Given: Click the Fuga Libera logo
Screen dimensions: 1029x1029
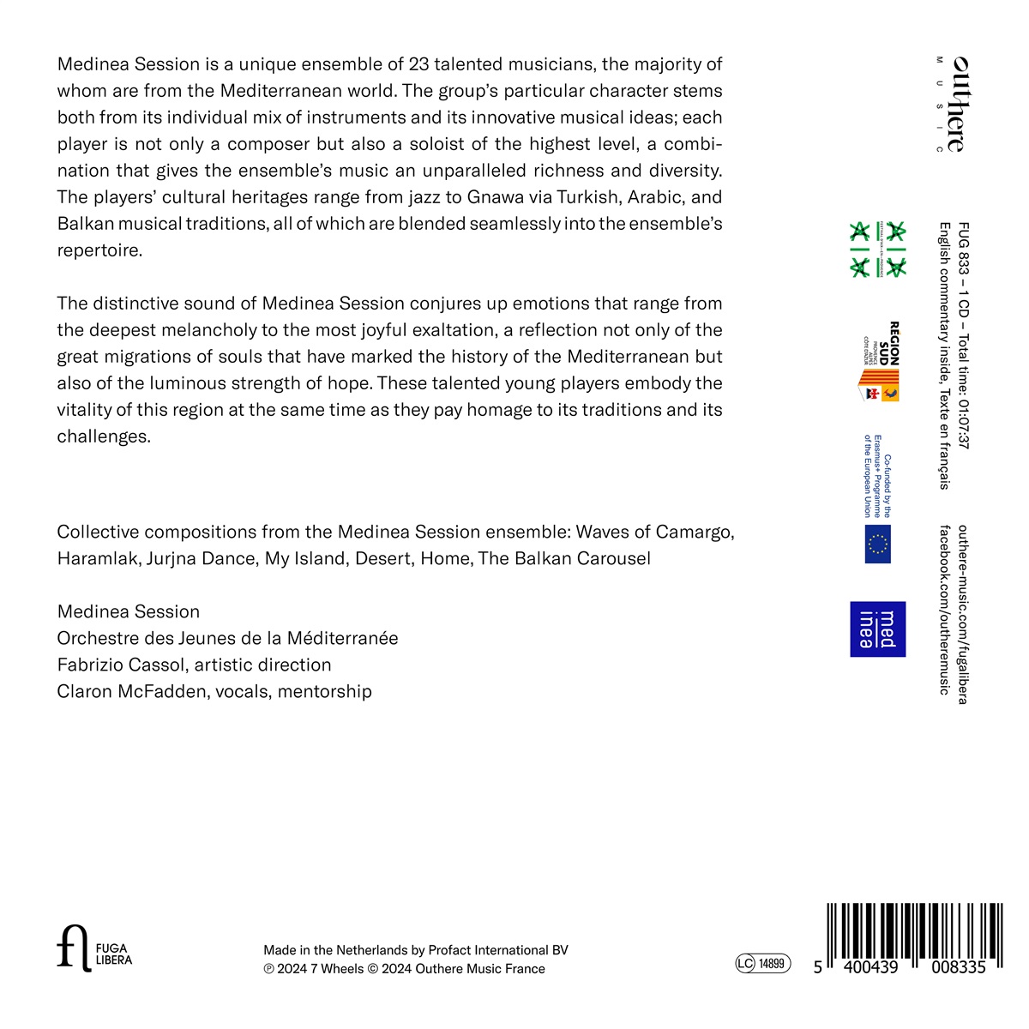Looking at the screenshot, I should (94, 948).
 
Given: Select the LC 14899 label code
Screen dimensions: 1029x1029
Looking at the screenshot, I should (762, 964).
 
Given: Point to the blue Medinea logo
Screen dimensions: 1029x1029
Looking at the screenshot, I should (877, 629).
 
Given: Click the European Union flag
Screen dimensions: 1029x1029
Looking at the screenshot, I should (878, 544).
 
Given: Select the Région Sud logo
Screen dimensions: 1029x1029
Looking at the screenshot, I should (881, 362).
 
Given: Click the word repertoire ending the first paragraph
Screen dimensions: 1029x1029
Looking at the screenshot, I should (99, 250).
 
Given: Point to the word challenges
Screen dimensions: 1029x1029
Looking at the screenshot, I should (103, 436).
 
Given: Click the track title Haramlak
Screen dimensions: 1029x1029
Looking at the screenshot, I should (97, 559).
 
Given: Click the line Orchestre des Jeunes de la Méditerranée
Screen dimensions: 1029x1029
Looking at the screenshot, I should (227, 638).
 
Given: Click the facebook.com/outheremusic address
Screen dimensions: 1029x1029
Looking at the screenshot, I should (945, 610).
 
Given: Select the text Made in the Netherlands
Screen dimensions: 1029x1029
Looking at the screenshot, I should (335, 950).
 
